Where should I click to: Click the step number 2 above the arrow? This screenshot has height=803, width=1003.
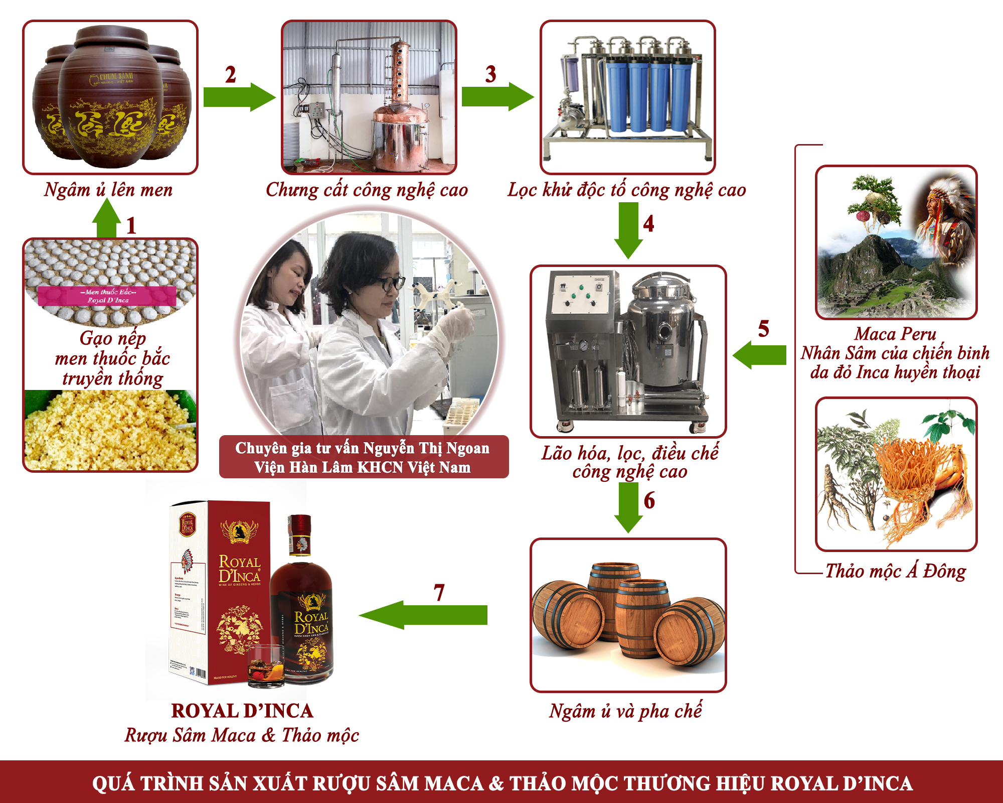230,75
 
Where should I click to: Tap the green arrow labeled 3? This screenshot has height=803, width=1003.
496,96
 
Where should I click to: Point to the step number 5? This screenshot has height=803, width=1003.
763,329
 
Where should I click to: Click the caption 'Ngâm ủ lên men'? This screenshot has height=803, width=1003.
108,190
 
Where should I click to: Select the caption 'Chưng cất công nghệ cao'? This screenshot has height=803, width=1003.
367,190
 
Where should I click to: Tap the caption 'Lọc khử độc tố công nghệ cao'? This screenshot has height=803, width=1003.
626,190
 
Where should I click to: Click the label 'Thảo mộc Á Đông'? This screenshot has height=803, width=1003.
895,571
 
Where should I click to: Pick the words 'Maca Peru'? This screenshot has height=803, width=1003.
895,334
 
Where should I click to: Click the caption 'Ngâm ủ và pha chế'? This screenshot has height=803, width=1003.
625,711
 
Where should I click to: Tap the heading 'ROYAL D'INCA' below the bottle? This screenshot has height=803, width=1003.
242,711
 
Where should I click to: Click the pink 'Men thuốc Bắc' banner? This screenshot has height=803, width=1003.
107,296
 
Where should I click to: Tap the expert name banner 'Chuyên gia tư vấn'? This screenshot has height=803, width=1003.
364,457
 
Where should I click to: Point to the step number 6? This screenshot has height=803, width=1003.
649,500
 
